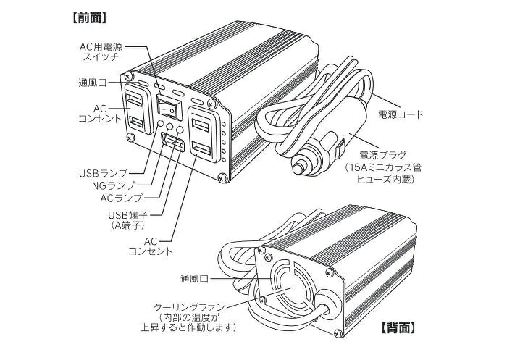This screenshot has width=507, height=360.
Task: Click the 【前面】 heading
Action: point(89,18)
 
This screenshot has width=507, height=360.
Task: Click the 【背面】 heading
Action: point(398,328)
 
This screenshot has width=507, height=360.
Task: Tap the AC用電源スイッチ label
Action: point(101,51)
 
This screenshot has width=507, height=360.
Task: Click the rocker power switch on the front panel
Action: point(169,106)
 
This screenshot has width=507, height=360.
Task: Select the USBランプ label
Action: point(103,173)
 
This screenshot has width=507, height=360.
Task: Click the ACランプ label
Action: point(121,198)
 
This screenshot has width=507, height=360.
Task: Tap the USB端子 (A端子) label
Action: point(128,219)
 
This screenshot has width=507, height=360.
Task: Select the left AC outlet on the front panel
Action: point(138,109)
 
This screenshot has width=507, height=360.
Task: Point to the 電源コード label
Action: point(401,114)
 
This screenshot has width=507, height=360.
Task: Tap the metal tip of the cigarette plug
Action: point(298,168)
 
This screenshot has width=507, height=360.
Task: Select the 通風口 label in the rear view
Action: point(194,279)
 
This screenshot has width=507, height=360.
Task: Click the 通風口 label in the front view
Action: point(93,83)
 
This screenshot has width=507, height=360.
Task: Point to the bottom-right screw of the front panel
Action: point(222,177)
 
